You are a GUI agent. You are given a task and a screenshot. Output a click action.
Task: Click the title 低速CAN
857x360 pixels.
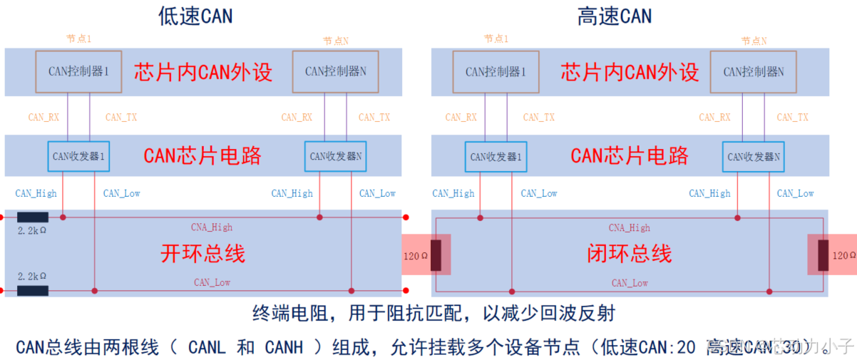click(195, 16)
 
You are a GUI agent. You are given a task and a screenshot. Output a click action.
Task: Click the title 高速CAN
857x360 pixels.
click(614, 16)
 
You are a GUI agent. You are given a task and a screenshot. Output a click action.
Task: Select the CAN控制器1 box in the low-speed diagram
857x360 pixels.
click(78, 71)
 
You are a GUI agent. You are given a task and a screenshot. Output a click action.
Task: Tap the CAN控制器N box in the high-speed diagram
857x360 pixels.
click(754, 71)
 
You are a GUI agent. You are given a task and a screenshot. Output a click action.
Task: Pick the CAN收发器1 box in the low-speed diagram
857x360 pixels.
click(79, 155)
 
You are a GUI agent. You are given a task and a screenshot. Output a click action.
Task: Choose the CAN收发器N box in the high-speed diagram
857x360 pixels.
click(754, 156)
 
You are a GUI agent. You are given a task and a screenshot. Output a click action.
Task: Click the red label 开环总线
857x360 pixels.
click(202, 253)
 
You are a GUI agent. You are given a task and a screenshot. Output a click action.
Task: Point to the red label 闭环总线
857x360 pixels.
click(629, 253)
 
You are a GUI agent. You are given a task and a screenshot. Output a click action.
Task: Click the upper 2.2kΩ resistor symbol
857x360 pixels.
click(33, 217)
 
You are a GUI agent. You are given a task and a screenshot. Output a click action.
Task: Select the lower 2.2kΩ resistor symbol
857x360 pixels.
click(33, 290)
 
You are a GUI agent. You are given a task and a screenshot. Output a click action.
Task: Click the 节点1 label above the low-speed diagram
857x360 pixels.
click(78, 38)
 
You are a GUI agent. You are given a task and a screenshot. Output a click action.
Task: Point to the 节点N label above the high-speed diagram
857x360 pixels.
click(754, 41)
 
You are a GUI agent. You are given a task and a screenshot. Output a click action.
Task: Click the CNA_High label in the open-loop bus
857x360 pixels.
click(211, 227)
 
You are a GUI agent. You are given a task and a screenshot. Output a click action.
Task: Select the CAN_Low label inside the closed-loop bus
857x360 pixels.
click(630, 283)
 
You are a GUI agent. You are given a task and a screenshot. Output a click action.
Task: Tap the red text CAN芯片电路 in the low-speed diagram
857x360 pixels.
click(202, 155)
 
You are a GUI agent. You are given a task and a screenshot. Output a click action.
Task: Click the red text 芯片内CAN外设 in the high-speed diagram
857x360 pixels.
click(630, 71)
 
